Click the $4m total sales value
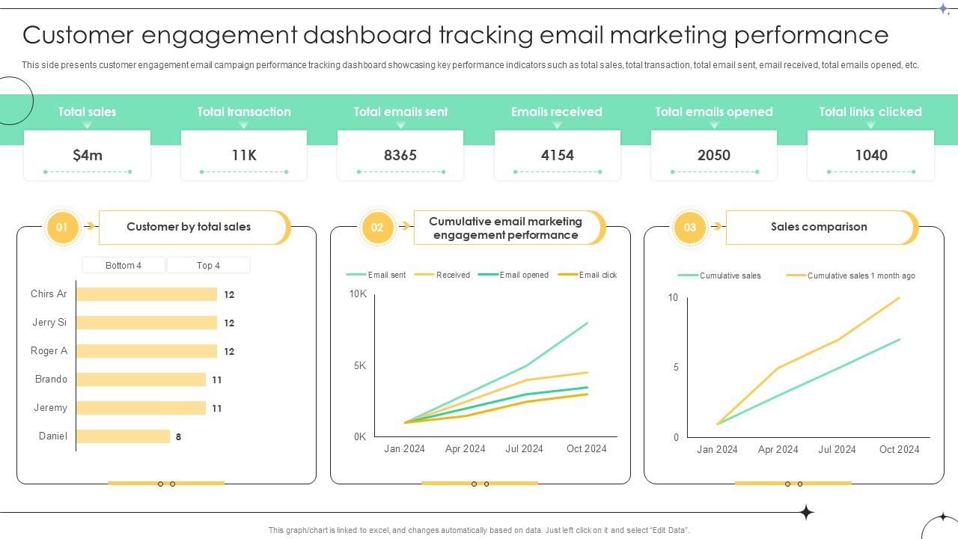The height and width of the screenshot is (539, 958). point(88,155)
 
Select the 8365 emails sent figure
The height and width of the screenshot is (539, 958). point(400,155)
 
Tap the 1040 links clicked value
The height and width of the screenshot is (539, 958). point(871,155)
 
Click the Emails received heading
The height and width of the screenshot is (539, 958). point(557,112)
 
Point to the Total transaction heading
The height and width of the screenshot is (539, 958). point(244,112)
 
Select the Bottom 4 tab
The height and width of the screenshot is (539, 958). point(123,265)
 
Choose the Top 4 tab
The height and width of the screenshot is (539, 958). point(208,265)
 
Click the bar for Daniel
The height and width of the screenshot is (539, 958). point(123,436)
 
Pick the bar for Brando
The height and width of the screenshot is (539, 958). point(141,380)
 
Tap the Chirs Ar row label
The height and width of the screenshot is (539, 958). point(49,293)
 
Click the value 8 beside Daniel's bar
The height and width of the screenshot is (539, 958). point(178,436)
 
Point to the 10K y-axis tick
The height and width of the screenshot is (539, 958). point(358,294)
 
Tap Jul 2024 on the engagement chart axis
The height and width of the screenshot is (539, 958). point(524,448)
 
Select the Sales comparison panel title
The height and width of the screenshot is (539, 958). point(819,227)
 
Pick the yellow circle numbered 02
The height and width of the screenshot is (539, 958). point(376,227)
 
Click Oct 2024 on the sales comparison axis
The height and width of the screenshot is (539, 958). point(899,449)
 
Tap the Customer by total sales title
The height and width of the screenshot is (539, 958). point(189,227)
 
